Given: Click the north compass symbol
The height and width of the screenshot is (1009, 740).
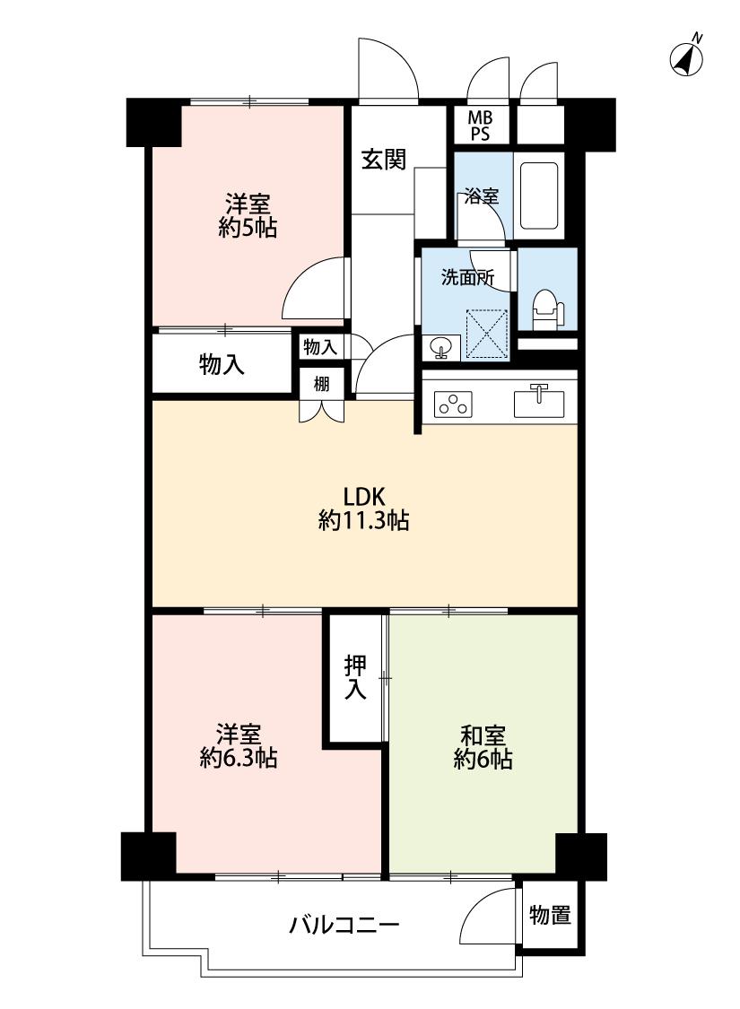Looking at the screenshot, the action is pos(686,58).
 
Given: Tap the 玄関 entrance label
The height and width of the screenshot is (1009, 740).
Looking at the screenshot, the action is pos(384,159).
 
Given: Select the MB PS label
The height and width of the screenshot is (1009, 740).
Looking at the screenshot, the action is pos(479,126).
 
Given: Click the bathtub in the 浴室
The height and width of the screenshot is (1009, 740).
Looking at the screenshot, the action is pos(538,196).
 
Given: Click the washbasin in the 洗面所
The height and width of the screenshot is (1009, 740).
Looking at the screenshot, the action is pos(440,348).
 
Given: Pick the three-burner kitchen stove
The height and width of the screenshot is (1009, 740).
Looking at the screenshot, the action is pos(454,404).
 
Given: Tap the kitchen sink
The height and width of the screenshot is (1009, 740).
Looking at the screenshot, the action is pos(538,402).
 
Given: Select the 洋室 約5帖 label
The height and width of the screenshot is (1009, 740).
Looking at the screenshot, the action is pos(248,216).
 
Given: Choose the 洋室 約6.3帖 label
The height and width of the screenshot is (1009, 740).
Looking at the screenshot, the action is pos(238,746).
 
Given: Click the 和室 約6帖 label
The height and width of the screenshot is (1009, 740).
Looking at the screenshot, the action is pos(483,747).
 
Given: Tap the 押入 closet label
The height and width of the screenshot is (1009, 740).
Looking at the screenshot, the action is pos(355,678).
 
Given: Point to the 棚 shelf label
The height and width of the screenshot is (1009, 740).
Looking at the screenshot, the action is pos(321,384).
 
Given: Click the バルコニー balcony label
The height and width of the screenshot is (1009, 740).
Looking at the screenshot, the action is pos(344,925).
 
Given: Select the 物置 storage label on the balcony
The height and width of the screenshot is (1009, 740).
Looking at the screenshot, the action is pos(550,915).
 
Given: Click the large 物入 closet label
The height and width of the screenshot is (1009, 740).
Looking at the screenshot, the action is pos(222,365).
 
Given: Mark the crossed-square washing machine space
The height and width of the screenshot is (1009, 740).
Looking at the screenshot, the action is pos(487,334).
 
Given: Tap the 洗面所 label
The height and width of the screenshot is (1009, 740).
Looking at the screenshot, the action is pos(468,278).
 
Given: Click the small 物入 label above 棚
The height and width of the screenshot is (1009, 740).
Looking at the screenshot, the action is pos(320,347).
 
